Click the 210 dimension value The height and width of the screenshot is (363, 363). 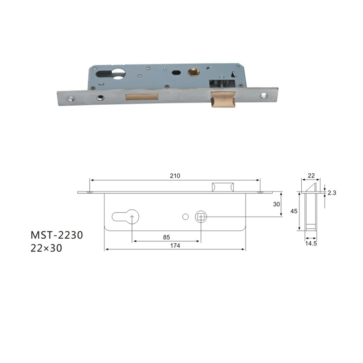pyautogui.click(x=175, y=176)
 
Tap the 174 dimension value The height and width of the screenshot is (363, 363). pyautogui.click(x=175, y=245)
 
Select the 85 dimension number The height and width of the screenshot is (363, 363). pyautogui.click(x=167, y=237)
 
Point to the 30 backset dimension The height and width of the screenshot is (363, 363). pyautogui.click(x=276, y=204)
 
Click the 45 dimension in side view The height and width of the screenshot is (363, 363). pyautogui.click(x=294, y=211)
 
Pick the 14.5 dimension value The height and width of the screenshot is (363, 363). pyautogui.click(x=311, y=244)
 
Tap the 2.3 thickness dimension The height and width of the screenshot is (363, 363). pyautogui.click(x=332, y=192)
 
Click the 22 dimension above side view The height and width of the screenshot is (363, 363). pyautogui.click(x=311, y=176)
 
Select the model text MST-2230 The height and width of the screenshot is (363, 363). pyautogui.click(x=57, y=235)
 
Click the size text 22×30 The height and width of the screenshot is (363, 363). pyautogui.click(x=46, y=248)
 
